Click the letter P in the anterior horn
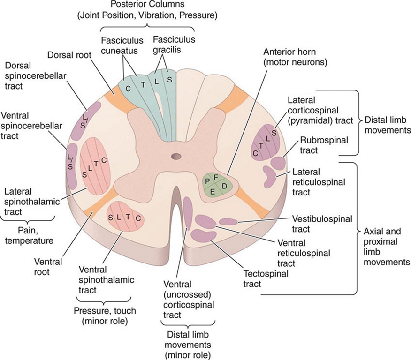click(x=208, y=181)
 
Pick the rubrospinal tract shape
click(x=278, y=163)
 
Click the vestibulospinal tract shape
click(x=228, y=221)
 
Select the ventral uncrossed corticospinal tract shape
click(x=187, y=213)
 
